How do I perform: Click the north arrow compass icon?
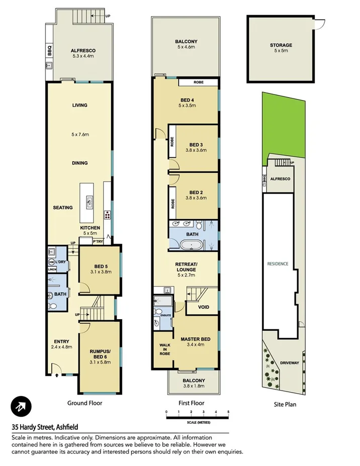click(x=21, y=406)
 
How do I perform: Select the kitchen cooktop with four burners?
click(x=108, y=215)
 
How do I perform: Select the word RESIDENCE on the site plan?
click(x=278, y=263)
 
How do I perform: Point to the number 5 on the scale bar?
click(x=228, y=412)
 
